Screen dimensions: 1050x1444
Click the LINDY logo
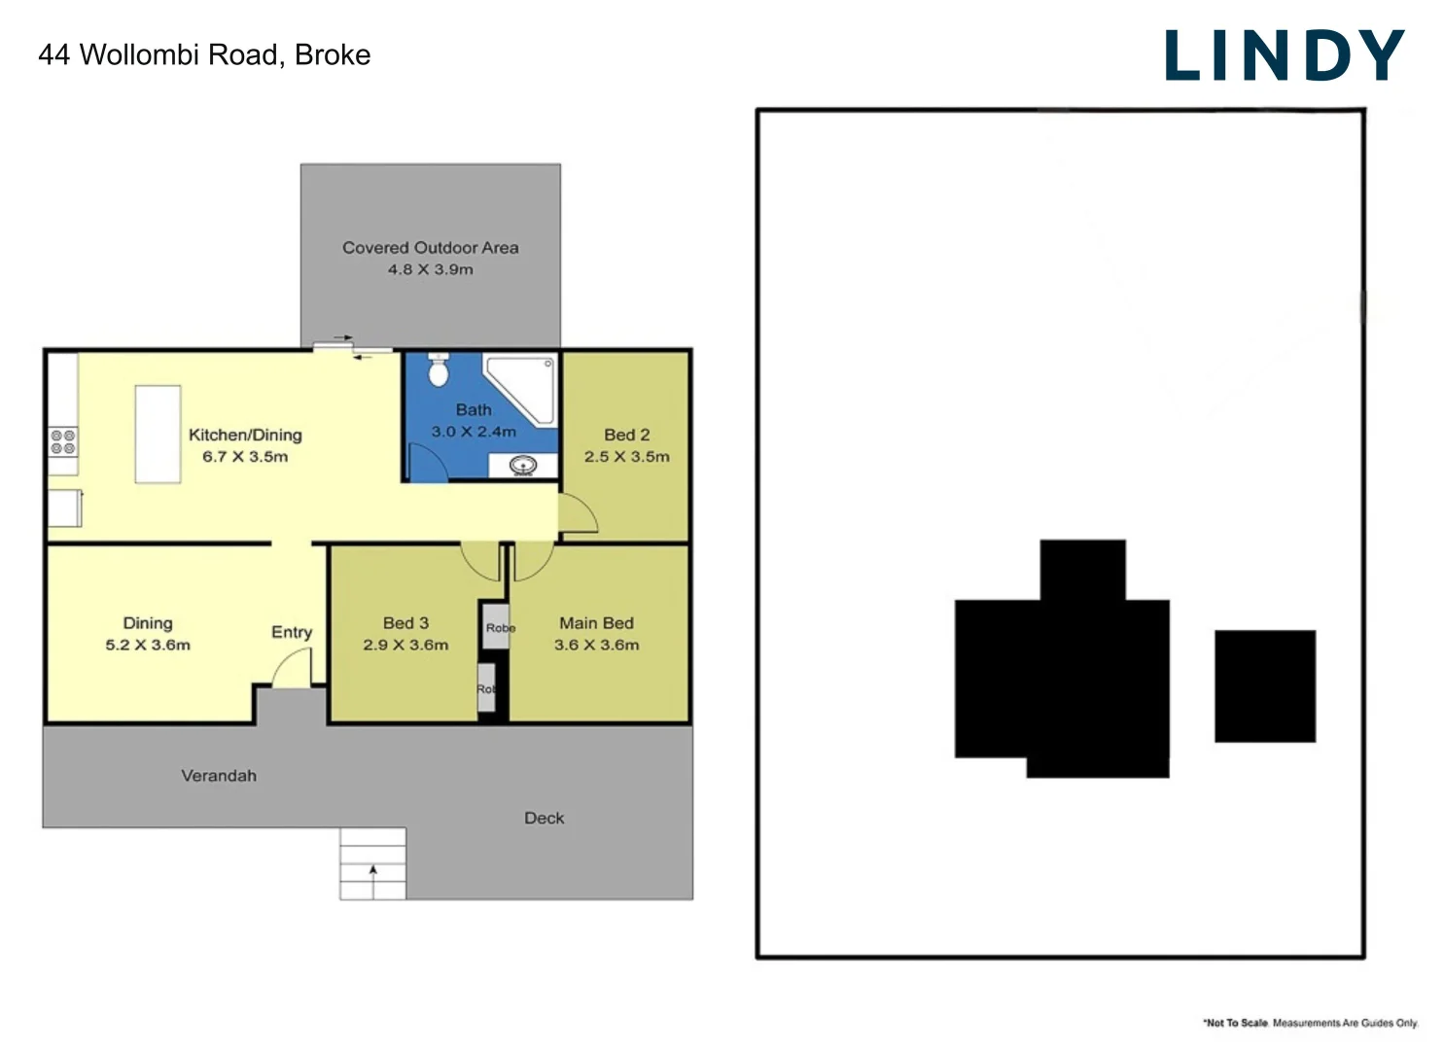pyautogui.click(x=1284, y=55)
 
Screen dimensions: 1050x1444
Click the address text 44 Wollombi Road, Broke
pyautogui.click(x=204, y=54)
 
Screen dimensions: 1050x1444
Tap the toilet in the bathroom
pyautogui.click(x=439, y=370)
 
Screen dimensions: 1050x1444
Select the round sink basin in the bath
pyautogui.click(x=523, y=466)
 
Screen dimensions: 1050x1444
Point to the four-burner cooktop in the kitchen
pyautogui.click(x=63, y=442)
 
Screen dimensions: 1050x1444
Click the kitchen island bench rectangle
pyautogui.click(x=158, y=434)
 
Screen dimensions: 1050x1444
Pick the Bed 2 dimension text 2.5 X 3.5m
pyautogui.click(x=626, y=456)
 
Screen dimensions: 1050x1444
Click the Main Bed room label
pyautogui.click(x=596, y=622)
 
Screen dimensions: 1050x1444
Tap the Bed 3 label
pyautogui.click(x=405, y=622)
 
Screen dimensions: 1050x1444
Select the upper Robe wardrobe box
pyautogui.click(x=496, y=627)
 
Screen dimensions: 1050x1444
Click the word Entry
pyautogui.click(x=292, y=632)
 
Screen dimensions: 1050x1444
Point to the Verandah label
pyautogui.click(x=219, y=775)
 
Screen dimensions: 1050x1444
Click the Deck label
pyautogui.click(x=544, y=818)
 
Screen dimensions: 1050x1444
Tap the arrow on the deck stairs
pyautogui.click(x=372, y=875)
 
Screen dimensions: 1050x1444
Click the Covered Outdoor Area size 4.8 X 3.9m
pyautogui.click(x=430, y=269)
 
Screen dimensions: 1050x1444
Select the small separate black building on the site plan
pyautogui.click(x=1264, y=685)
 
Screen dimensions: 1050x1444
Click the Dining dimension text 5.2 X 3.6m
pyautogui.click(x=148, y=645)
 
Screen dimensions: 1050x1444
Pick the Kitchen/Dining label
pyautogui.click(x=245, y=435)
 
